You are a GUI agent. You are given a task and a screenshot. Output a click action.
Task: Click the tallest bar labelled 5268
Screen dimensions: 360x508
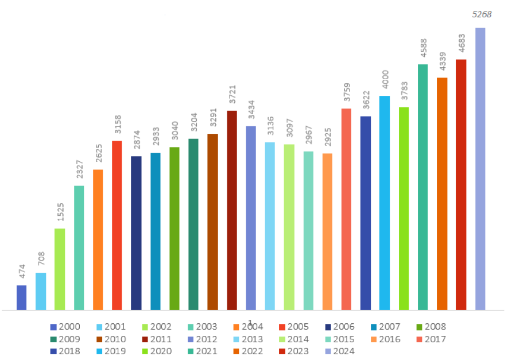click(x=480, y=169)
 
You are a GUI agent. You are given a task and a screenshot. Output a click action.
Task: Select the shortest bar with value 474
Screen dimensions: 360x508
click(x=22, y=297)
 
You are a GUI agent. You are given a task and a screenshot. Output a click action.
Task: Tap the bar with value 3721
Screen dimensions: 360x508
click(x=232, y=210)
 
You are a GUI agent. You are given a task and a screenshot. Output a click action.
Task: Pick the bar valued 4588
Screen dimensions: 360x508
click(x=422, y=187)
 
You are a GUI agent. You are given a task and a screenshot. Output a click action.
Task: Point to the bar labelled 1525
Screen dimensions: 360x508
click(x=60, y=269)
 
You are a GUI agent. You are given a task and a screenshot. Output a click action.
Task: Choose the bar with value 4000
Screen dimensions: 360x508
click(x=385, y=203)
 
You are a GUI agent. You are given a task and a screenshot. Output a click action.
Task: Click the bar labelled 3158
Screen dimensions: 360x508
click(x=117, y=225)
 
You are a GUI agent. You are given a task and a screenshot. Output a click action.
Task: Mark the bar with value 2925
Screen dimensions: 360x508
click(x=327, y=231)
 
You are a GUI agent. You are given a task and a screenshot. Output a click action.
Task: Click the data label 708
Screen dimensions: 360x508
click(x=41, y=260)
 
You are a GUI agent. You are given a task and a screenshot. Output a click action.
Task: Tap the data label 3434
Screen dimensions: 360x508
click(x=251, y=113)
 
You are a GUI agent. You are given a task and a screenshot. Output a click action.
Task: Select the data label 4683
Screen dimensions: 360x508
click(x=461, y=47)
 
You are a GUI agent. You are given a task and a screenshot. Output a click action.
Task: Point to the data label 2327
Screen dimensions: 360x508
click(x=79, y=172)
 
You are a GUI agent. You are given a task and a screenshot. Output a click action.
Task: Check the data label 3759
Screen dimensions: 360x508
click(x=346, y=95)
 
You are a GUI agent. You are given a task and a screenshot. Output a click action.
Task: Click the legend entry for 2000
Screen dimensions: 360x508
click(x=64, y=327)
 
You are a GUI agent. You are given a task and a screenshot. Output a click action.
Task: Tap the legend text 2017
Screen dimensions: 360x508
click(x=435, y=339)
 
